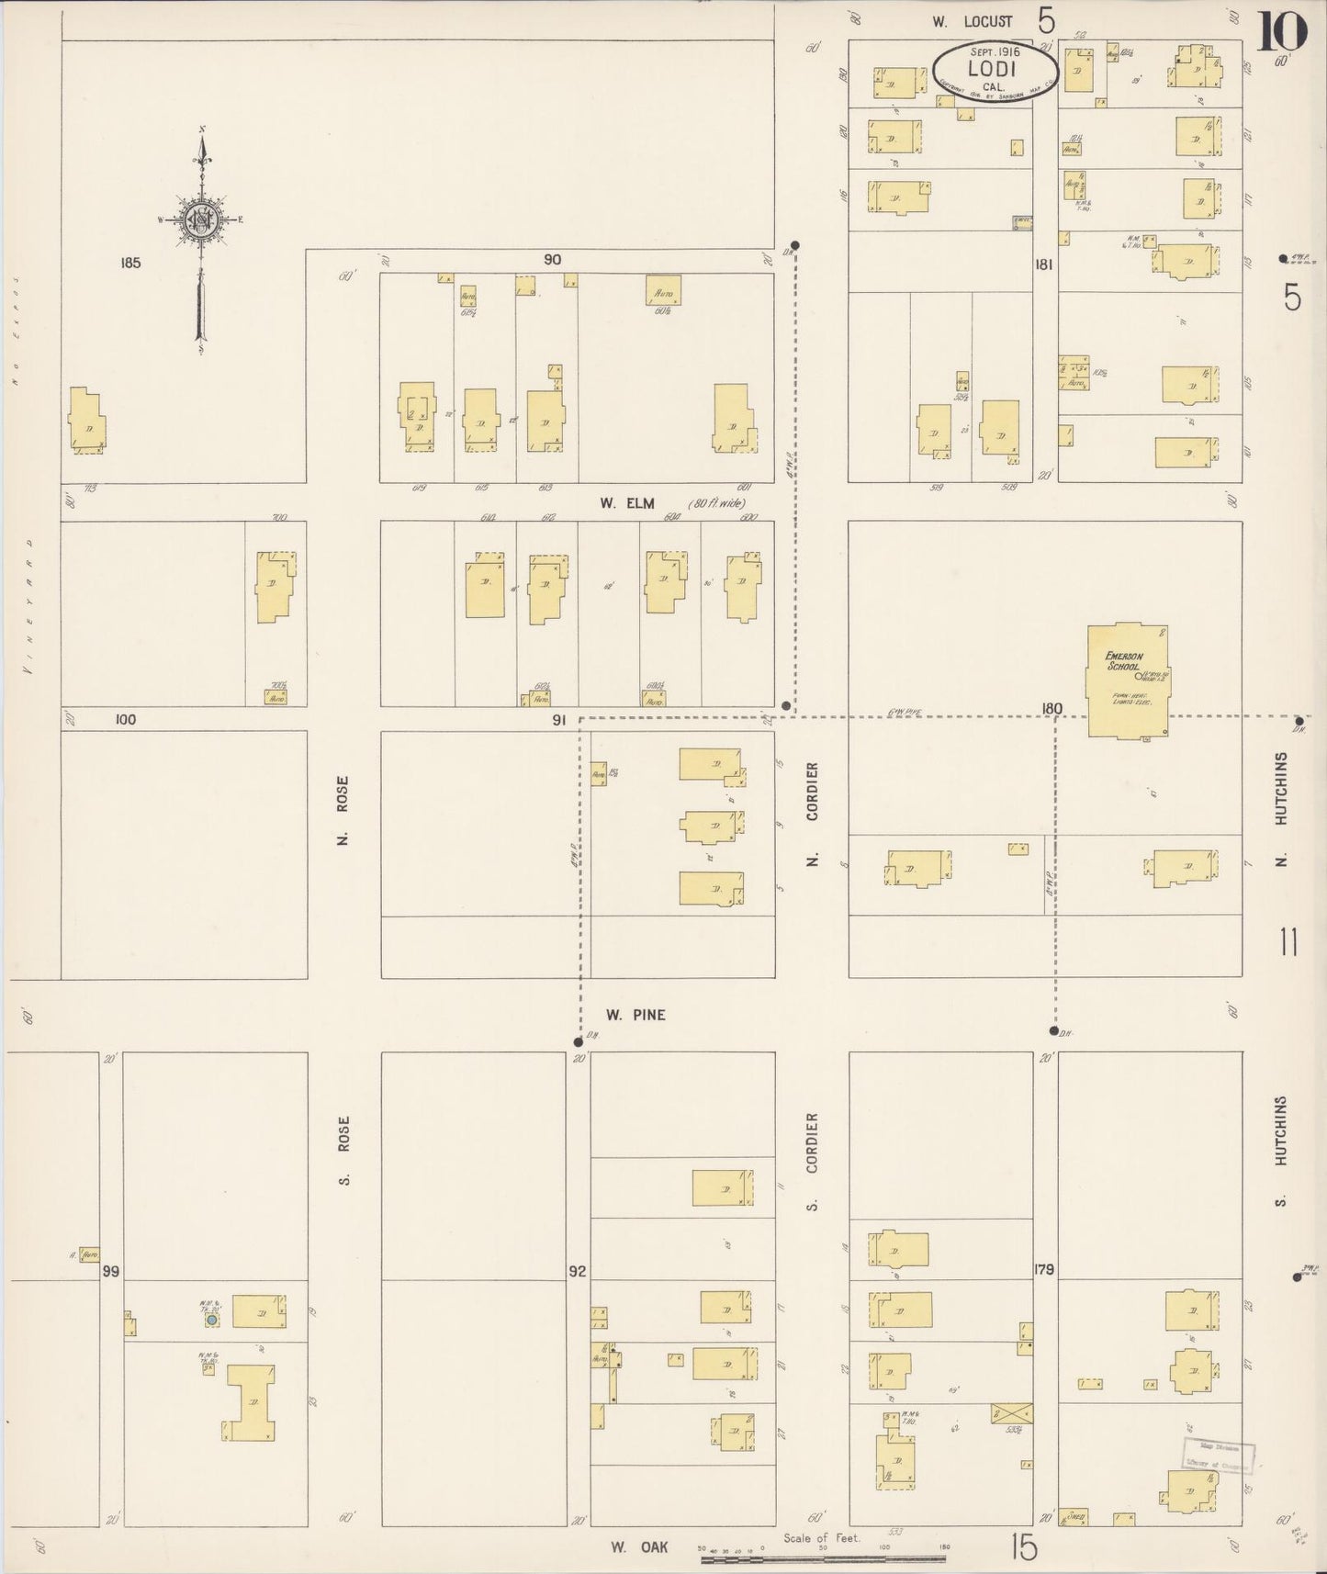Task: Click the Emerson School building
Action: pyautogui.click(x=1127, y=680)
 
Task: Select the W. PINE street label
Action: pyautogui.click(x=635, y=1015)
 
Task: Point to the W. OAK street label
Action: pyautogui.click(x=639, y=1547)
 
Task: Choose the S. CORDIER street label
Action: pyautogui.click(x=811, y=1161)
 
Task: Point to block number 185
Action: pyautogui.click(x=130, y=263)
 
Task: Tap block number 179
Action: pyautogui.click(x=1044, y=1270)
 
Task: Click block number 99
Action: pyautogui.click(x=111, y=1271)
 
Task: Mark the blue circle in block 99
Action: pyautogui.click(x=212, y=1320)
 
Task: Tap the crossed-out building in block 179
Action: pyautogui.click(x=1012, y=1413)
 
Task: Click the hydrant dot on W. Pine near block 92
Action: pyautogui.click(x=578, y=1042)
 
